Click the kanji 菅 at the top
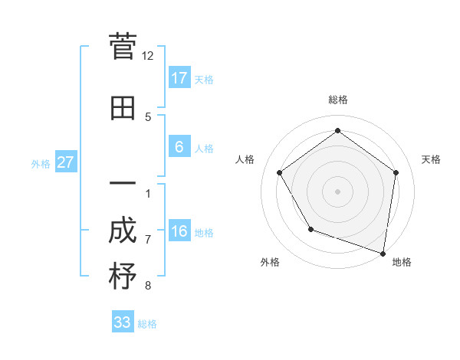coord(123,48)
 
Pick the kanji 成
coord(123,231)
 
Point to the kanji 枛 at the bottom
coord(123,276)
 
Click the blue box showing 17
coord(179,77)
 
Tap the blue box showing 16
coord(179,231)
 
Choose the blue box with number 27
coord(65,162)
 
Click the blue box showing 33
coord(123,322)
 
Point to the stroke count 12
coord(148,56)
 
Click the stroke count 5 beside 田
coord(148,116)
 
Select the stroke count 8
coord(148,286)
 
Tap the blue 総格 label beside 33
coord(147,324)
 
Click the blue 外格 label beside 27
coord(41,163)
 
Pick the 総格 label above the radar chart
coord(337,100)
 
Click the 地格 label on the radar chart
coord(402,262)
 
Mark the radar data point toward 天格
coord(396,172)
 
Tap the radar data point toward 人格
coord(280,172)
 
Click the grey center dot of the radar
coord(337,191)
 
